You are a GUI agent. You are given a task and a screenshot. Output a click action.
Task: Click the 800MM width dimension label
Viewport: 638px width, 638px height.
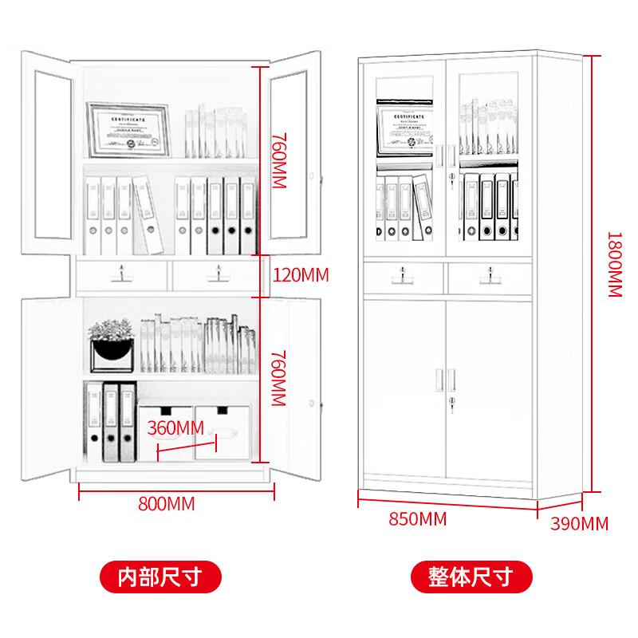point(166,504)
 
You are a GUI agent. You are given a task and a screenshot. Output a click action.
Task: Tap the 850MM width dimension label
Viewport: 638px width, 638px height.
point(417,519)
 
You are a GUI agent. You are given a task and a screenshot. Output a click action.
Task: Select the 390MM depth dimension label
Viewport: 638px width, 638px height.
point(579,524)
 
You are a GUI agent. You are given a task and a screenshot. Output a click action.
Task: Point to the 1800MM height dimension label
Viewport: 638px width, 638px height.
point(615,265)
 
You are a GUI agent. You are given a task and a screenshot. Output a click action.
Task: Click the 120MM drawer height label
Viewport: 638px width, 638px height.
point(301,276)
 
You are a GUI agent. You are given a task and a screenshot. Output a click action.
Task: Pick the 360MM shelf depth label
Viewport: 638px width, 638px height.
point(176,428)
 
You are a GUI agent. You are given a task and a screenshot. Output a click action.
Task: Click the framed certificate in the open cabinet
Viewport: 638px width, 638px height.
point(128,131)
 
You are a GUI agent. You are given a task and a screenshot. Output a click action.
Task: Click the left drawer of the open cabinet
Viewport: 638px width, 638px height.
point(122,274)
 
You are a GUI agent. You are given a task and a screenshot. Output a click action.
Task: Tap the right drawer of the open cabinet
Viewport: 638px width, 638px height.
point(215,274)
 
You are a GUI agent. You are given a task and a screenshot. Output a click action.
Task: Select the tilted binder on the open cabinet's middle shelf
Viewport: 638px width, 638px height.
point(148,213)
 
